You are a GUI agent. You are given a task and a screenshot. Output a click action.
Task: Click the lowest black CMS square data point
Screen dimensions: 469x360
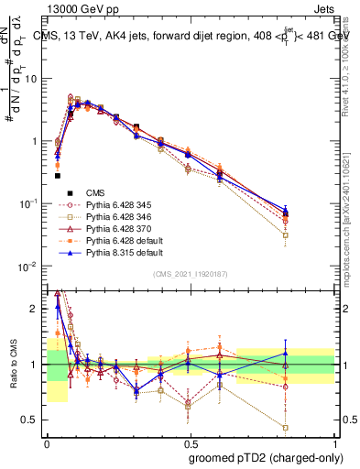58,175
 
